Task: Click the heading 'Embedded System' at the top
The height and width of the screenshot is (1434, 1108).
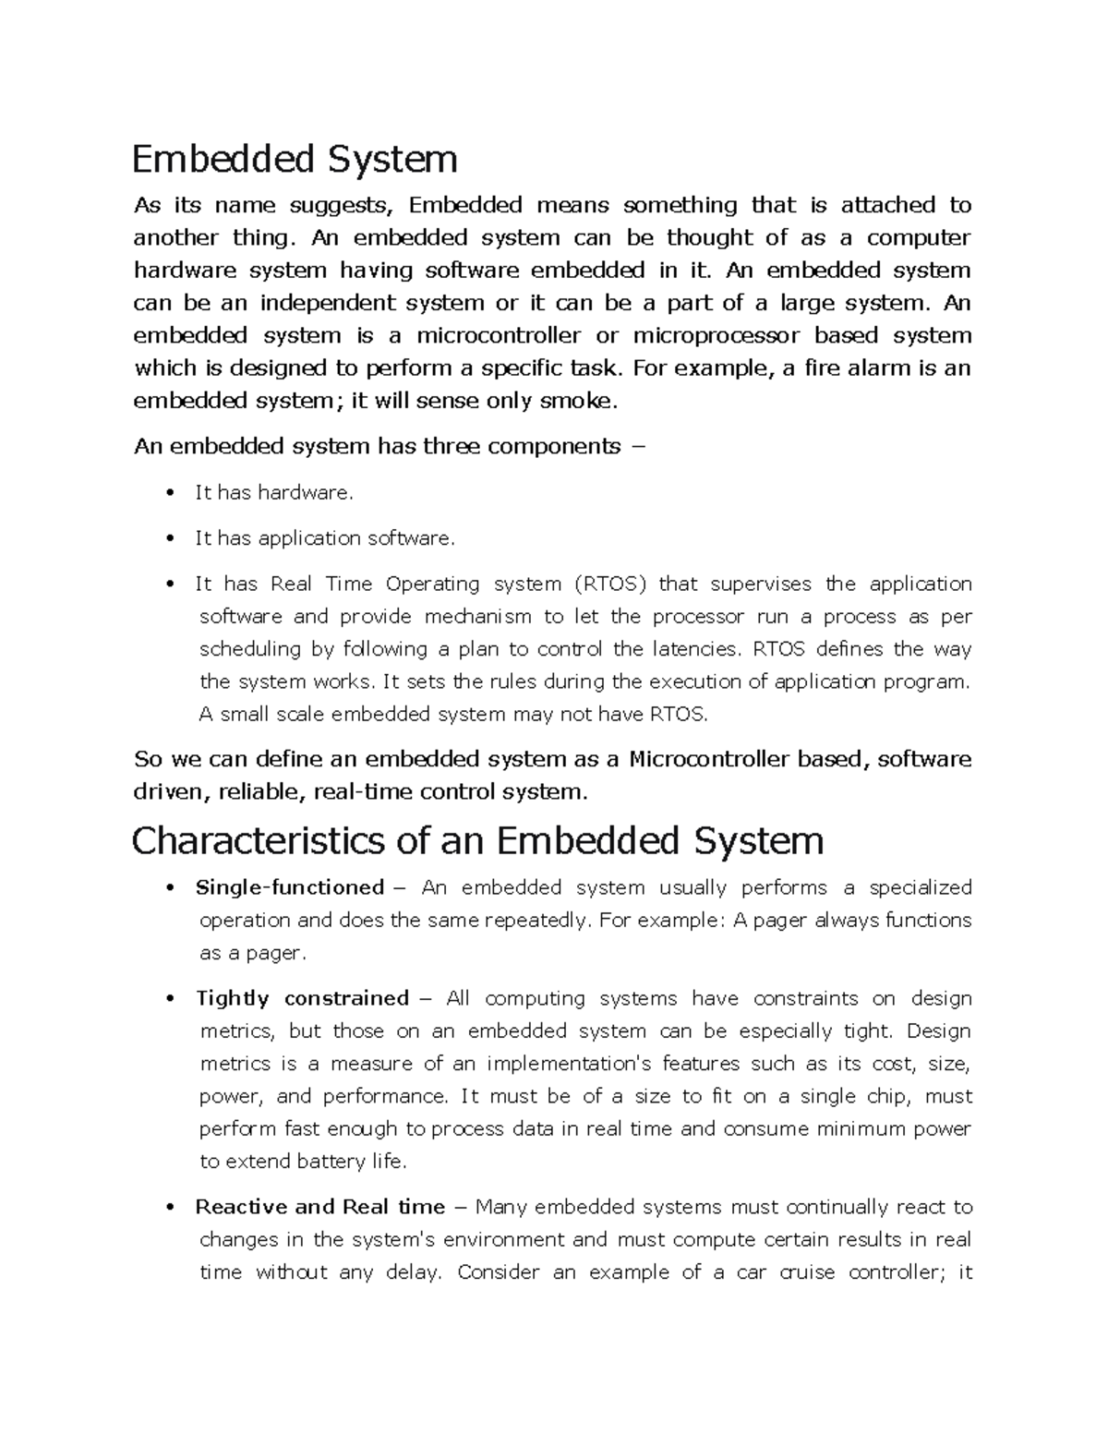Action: [295, 159]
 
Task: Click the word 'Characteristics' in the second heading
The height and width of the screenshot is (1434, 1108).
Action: [258, 840]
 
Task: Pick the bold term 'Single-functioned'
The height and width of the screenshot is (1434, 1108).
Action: [289, 887]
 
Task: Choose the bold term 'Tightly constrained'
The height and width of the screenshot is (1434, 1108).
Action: [302, 998]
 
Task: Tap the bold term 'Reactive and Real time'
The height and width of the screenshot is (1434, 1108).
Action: [319, 1207]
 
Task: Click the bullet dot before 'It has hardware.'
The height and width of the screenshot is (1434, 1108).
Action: [169, 493]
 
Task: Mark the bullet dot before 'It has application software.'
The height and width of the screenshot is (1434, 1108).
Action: [169, 538]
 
